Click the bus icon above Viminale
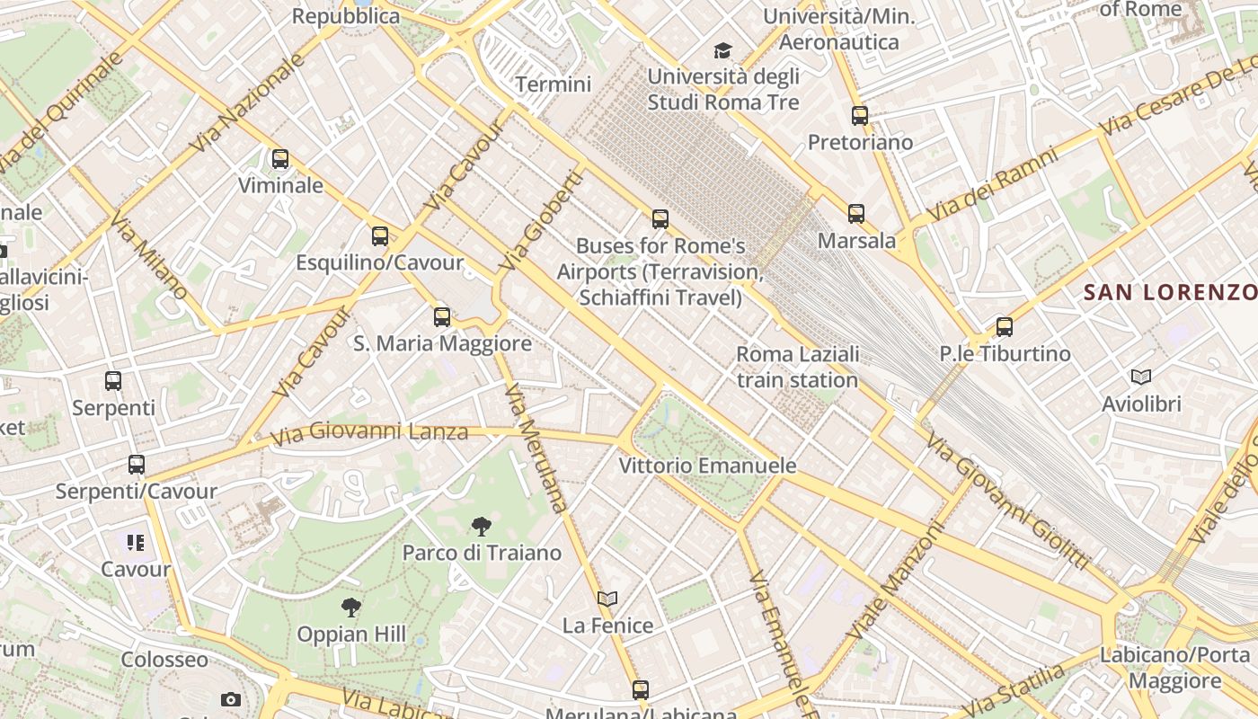click(280, 159)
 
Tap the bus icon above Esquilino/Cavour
click(380, 236)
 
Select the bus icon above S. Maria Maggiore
click(441, 316)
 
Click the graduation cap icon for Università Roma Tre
click(723, 50)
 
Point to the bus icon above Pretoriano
click(860, 116)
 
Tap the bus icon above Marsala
click(856, 214)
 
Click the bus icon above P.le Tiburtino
click(1005, 327)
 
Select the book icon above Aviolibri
click(1141, 377)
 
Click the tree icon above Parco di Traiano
click(482, 527)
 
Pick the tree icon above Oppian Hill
click(351, 608)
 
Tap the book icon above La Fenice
click(607, 599)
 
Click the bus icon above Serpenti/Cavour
click(137, 465)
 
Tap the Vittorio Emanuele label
click(707, 466)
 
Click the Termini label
click(554, 84)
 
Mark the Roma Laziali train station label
click(797, 367)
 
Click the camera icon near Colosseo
click(231, 699)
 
